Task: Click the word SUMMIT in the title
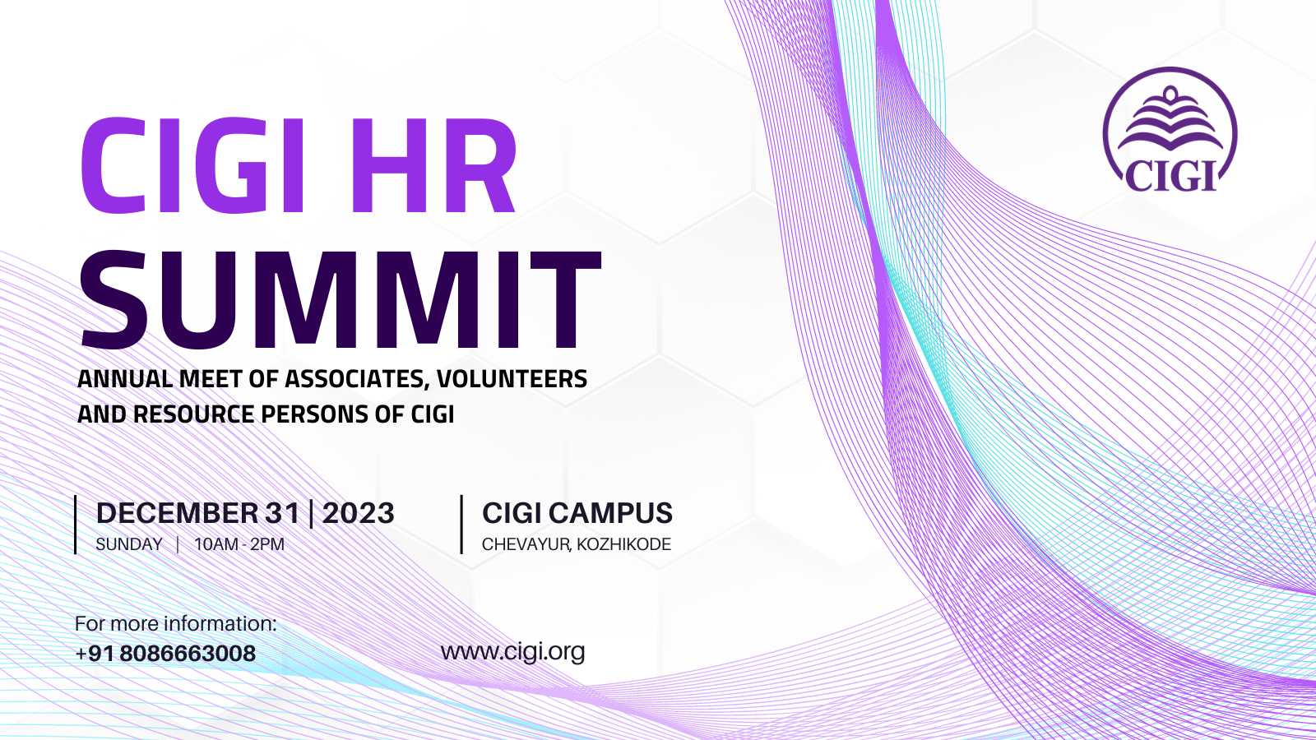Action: click(x=341, y=300)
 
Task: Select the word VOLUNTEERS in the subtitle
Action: click(x=512, y=379)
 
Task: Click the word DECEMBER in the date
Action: click(x=177, y=513)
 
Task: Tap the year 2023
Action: click(x=359, y=513)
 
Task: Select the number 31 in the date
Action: click(x=283, y=513)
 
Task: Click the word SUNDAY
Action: click(x=129, y=544)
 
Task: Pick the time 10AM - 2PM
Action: click(x=239, y=544)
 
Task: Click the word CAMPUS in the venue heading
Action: click(x=611, y=513)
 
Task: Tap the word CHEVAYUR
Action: click(x=526, y=545)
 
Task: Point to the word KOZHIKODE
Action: click(x=624, y=544)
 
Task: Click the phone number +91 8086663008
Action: click(x=165, y=654)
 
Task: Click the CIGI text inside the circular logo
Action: click(x=1170, y=175)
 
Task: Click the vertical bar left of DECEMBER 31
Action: click(x=76, y=525)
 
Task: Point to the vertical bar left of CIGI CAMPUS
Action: click(x=461, y=525)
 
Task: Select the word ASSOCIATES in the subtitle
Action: click(x=354, y=379)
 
